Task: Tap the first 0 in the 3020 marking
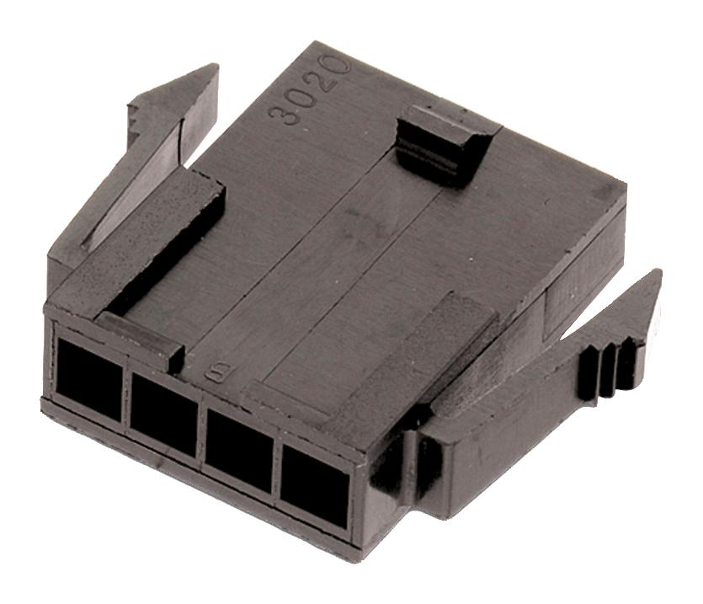[307, 97]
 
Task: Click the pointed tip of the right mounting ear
[654, 278]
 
